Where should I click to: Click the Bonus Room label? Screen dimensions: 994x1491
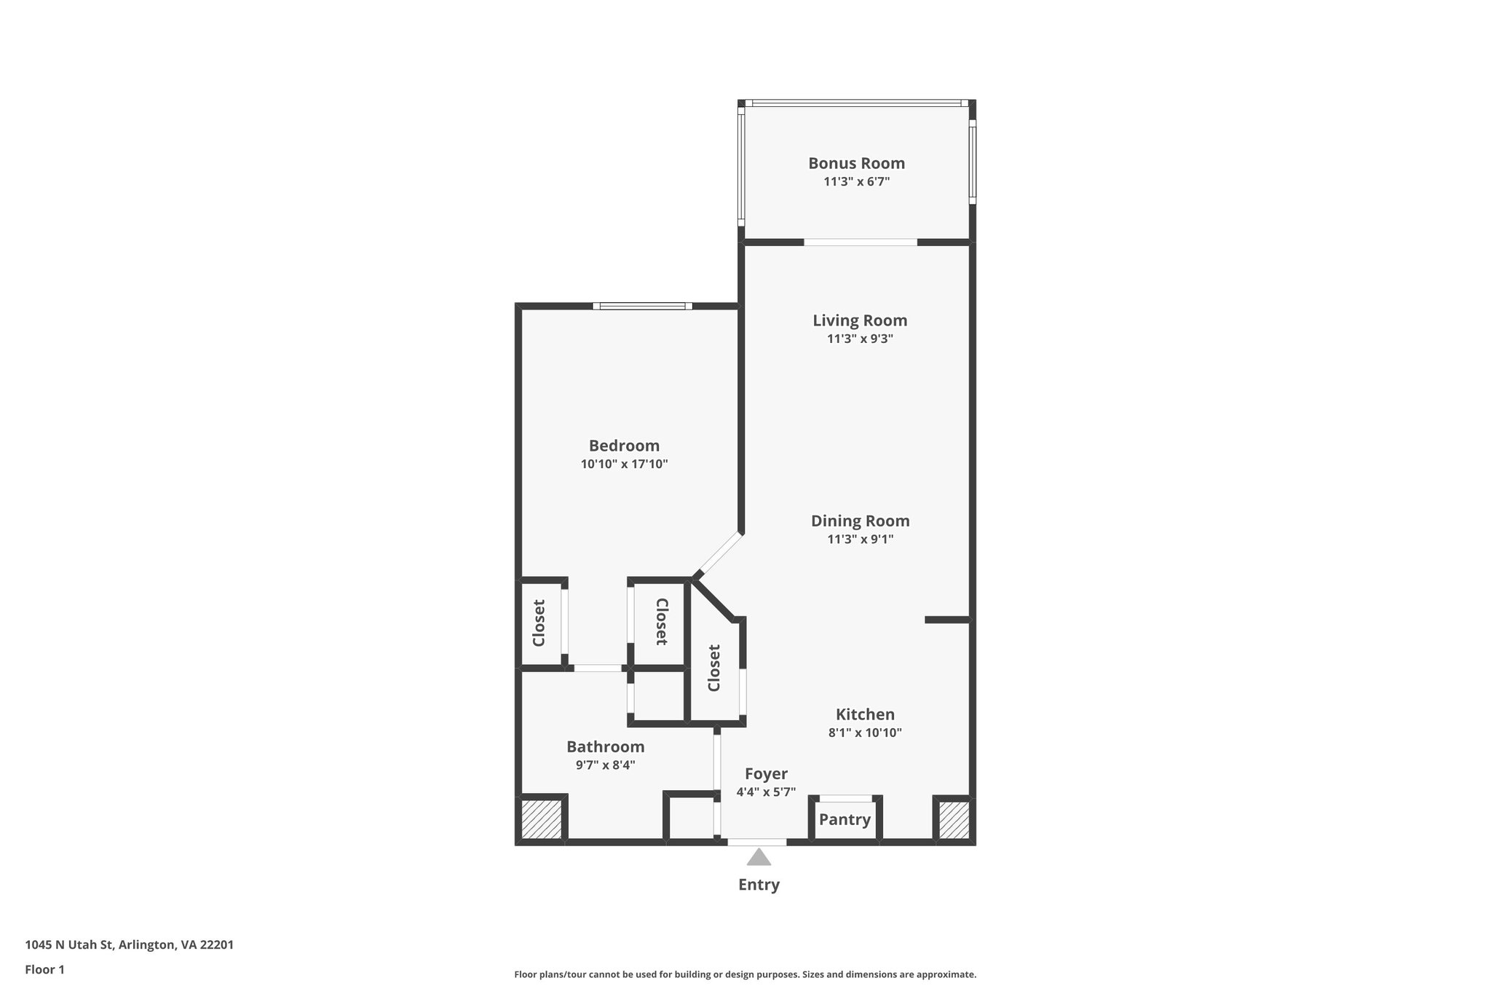(x=856, y=163)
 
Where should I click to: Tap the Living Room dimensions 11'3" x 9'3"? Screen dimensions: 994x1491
(x=860, y=339)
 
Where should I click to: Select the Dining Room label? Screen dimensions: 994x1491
(x=860, y=521)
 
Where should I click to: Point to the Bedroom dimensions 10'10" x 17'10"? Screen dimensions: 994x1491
(x=624, y=464)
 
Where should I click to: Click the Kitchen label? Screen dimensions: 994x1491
(x=865, y=714)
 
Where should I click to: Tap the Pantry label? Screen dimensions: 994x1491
(x=845, y=820)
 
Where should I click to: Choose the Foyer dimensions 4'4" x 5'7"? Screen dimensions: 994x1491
(x=766, y=792)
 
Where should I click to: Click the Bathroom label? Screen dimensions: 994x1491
(x=605, y=746)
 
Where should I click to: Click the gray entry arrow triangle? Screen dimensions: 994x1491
(x=759, y=858)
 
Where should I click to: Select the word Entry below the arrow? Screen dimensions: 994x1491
(x=759, y=885)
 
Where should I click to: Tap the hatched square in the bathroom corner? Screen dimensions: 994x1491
(x=541, y=820)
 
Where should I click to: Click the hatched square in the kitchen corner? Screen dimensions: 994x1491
(x=954, y=820)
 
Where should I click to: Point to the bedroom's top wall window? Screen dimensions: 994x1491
(x=642, y=306)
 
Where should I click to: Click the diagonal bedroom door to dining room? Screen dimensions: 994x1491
(x=719, y=555)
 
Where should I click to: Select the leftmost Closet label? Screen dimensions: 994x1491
(x=539, y=623)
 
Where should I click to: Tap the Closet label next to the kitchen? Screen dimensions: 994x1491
(x=713, y=668)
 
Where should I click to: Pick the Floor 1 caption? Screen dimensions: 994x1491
(x=44, y=970)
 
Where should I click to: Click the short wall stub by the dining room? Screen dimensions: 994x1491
(x=946, y=620)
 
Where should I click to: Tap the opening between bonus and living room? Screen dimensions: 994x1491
(x=860, y=242)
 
